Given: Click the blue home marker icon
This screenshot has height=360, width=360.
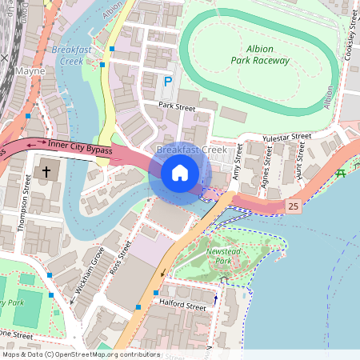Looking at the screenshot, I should coord(180,173).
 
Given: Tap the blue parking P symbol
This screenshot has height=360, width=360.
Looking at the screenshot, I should coord(168,81).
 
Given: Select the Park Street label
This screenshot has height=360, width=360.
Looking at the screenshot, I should coord(177,106).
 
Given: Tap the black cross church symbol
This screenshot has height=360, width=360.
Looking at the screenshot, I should coord(46,171).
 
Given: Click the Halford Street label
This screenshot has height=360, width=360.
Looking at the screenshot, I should coord(183,306).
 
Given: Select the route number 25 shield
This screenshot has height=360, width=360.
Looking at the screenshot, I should coord(294,206).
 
